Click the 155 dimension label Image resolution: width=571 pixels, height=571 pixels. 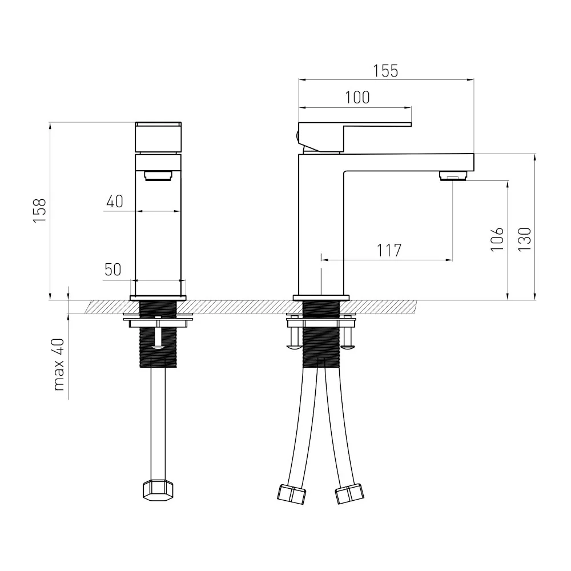385,71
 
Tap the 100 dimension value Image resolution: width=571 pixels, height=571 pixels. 357,98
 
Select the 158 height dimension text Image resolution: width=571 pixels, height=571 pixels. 39,211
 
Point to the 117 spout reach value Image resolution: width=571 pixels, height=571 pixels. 389,251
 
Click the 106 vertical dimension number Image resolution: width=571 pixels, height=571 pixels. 497,239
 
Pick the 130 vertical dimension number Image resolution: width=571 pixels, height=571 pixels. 525,239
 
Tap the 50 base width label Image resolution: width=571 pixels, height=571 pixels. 112,270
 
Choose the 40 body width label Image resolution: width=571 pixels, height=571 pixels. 115,202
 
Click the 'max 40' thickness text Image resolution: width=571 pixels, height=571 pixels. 59,365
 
